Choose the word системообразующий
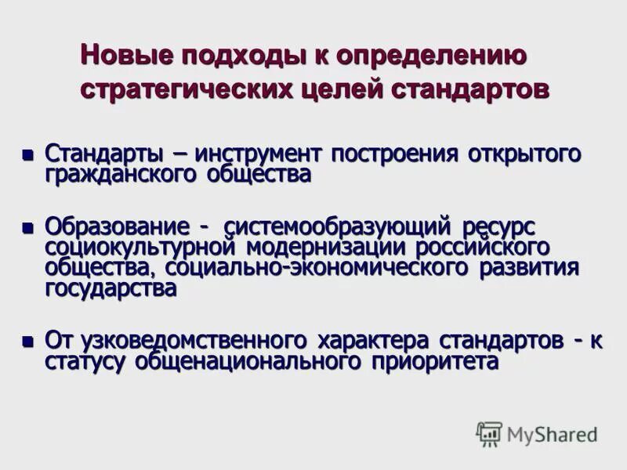point(337,227)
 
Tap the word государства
point(111,287)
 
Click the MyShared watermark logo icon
point(489,433)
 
